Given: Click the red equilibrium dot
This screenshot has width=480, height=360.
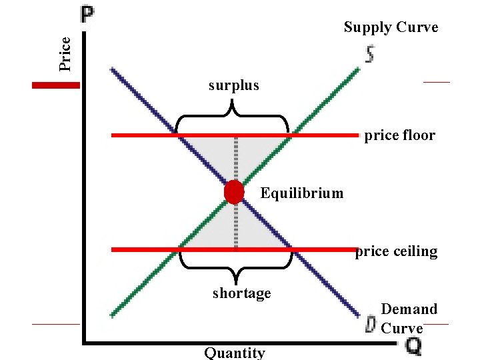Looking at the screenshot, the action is point(234,192).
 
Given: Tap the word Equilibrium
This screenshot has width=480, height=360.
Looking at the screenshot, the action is point(302,193).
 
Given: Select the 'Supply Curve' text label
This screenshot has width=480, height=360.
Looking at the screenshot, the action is point(391,27).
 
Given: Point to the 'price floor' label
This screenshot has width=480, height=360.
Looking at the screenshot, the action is point(399,136).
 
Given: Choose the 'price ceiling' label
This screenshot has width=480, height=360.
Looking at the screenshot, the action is point(397,251).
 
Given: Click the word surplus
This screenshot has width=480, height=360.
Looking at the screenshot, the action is point(233,85).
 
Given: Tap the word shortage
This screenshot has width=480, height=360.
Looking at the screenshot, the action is point(241,293).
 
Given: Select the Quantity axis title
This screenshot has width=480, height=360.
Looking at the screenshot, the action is point(234,353).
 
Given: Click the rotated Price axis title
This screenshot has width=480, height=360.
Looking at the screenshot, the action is point(65,53).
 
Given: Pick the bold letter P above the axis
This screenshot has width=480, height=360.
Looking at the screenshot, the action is point(87,13).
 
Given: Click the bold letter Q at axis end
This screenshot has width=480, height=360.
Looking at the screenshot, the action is point(413,345).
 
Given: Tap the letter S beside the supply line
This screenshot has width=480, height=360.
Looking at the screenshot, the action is point(369,54).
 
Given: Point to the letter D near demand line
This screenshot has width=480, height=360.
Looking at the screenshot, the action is point(370,325).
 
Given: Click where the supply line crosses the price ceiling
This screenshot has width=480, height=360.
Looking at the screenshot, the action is point(179,250).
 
